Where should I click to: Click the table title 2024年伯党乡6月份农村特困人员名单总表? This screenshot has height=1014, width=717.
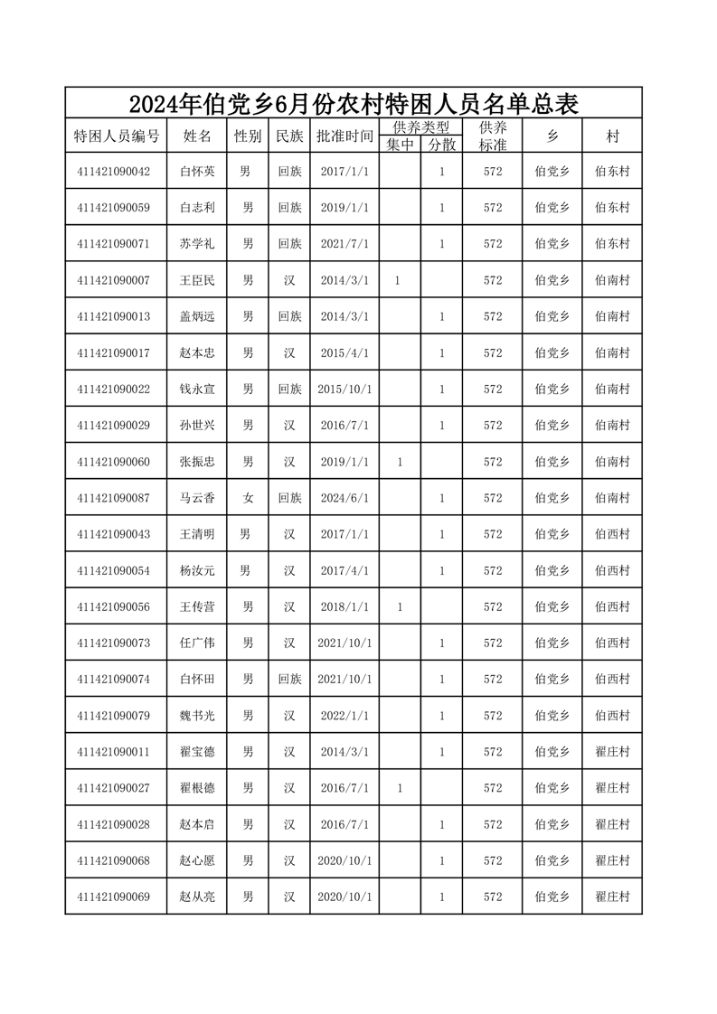(x=353, y=103)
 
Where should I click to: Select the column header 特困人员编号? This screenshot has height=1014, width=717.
(x=116, y=136)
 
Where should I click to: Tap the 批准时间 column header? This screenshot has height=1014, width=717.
(x=344, y=136)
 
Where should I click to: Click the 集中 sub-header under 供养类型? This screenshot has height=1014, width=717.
(x=400, y=145)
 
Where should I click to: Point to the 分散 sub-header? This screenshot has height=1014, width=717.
(x=441, y=145)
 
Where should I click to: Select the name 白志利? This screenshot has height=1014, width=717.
(x=197, y=208)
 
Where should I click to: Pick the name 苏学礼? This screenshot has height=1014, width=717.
(x=197, y=244)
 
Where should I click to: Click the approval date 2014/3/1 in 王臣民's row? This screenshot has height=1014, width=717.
(x=344, y=280)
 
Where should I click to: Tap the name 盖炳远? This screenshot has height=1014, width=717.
(x=197, y=316)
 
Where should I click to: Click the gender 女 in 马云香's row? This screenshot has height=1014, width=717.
(x=248, y=498)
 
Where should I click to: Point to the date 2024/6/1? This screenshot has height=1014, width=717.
(x=344, y=498)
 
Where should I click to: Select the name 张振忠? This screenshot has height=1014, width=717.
(x=197, y=462)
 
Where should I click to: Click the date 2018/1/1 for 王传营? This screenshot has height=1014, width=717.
(x=344, y=607)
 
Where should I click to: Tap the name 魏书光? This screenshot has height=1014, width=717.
(x=197, y=716)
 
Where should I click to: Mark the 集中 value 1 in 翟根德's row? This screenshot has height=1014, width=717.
(x=400, y=788)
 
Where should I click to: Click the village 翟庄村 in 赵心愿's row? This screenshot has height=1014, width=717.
(x=612, y=860)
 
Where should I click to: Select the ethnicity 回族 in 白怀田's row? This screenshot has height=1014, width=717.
(x=289, y=680)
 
